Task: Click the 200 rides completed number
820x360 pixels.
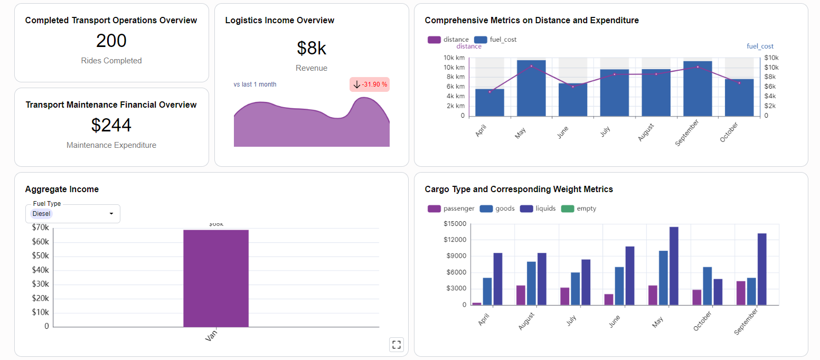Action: tap(111, 41)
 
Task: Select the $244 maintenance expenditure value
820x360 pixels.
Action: tap(111, 126)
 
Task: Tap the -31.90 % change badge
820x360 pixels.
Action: tap(370, 84)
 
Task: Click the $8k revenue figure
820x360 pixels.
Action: tap(312, 48)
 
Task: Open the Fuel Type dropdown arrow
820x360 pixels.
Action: tap(111, 214)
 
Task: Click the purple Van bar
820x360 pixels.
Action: tap(216, 278)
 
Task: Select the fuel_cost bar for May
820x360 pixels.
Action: tap(531, 88)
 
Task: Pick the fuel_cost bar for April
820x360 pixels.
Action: tap(489, 102)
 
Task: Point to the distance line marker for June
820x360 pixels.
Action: tap(573, 87)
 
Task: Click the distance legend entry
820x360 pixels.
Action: tap(448, 40)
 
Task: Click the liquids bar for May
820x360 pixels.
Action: tap(674, 266)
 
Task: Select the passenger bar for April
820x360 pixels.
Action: tap(477, 304)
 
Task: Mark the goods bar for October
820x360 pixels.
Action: tap(708, 286)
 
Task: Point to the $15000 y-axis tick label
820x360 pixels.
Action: tap(455, 224)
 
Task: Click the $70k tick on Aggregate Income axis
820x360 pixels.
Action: tap(41, 228)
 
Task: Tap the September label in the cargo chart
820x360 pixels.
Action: tap(747, 322)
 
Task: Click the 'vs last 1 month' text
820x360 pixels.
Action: tap(255, 84)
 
